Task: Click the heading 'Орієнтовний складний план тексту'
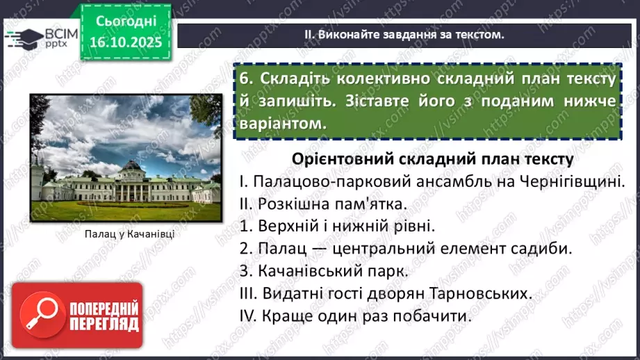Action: [x=432, y=158]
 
